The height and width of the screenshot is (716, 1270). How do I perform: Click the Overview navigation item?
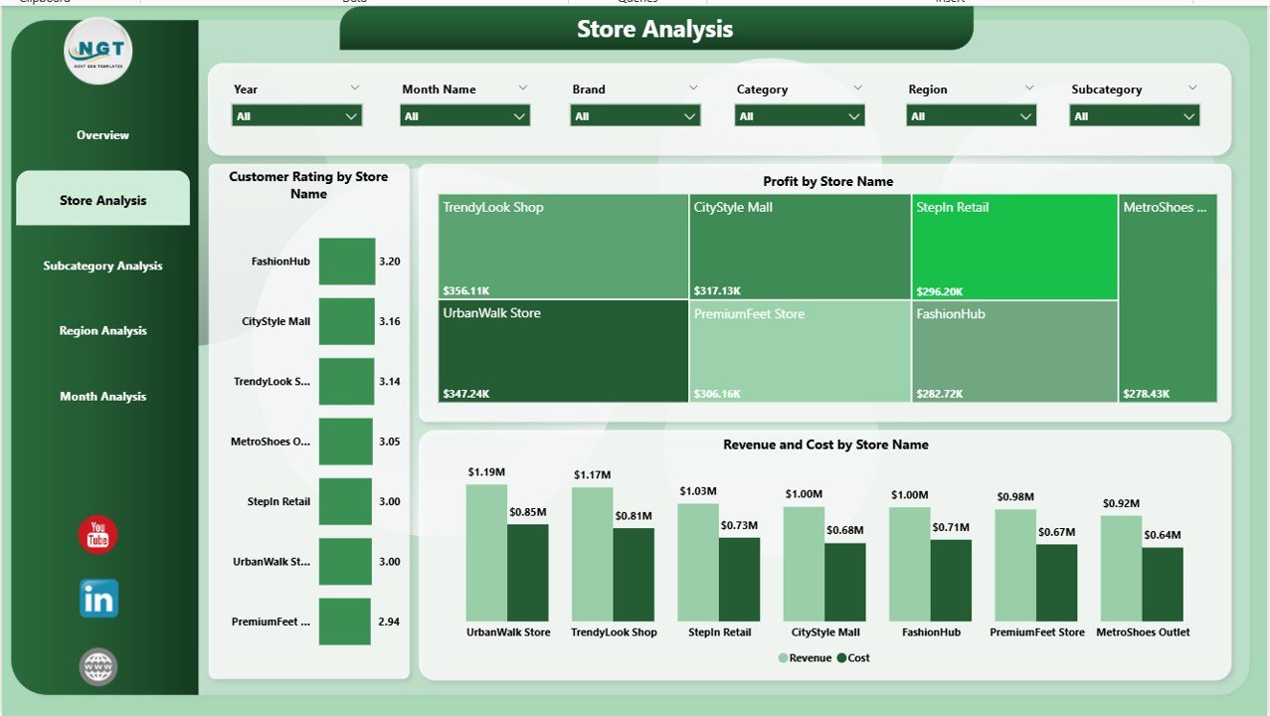(102, 135)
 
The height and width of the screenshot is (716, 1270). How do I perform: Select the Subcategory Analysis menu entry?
(102, 266)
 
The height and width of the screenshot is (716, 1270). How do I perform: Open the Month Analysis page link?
(102, 396)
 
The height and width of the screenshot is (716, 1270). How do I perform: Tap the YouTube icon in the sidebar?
(97, 536)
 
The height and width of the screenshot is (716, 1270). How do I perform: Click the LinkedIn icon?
(98, 599)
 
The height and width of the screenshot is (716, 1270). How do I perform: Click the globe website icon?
(98, 666)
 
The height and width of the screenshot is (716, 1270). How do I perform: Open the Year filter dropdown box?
(296, 116)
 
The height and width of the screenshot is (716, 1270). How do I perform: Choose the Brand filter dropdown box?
(635, 116)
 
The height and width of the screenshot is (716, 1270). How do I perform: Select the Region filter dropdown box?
(971, 116)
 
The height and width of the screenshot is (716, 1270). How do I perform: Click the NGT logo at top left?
(97, 51)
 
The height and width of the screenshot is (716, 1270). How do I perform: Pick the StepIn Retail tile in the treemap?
(1014, 247)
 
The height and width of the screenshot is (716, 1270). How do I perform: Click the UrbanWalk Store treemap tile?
(563, 350)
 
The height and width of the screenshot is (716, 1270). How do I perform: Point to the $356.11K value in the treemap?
(466, 291)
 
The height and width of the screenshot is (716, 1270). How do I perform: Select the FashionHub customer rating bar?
(347, 262)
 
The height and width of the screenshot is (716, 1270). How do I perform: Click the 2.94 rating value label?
(389, 622)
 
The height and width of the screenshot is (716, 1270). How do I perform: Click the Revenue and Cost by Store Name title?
(825, 445)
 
